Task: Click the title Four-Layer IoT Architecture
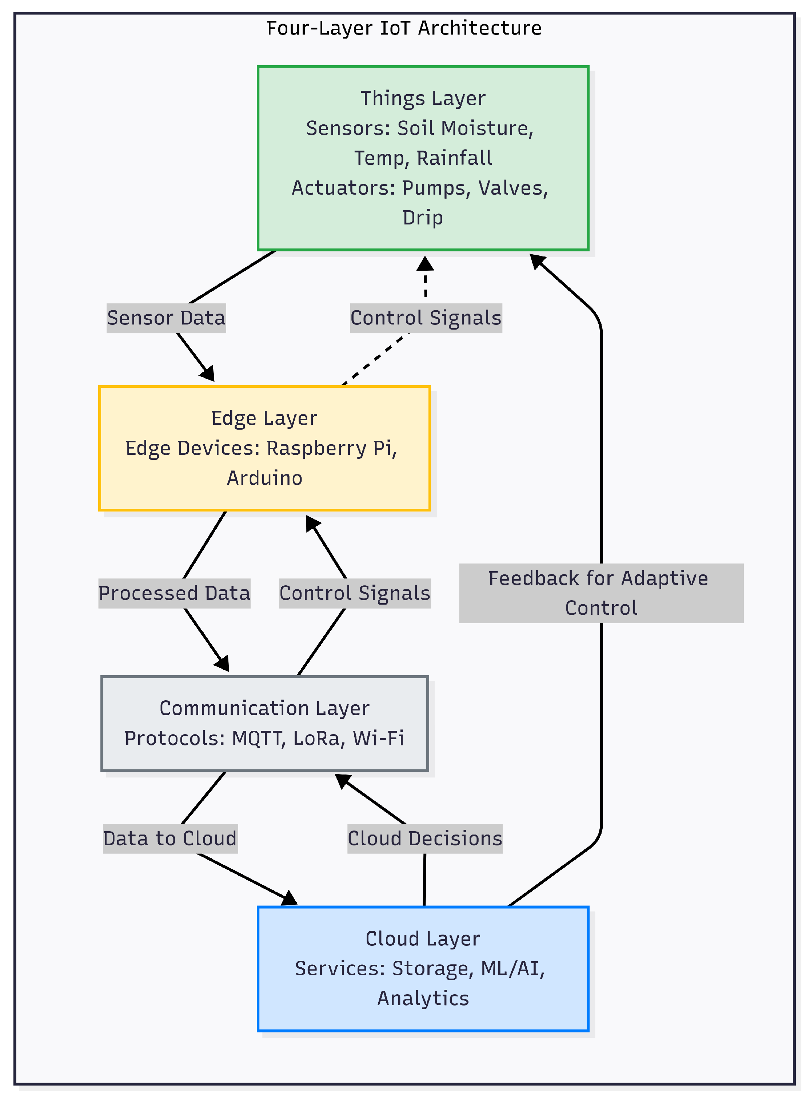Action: (404, 28)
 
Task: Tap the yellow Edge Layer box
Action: (264, 449)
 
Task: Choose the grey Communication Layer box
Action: (264, 723)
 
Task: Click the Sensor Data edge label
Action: (166, 318)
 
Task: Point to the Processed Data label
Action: (174, 594)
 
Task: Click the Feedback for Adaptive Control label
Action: (601, 593)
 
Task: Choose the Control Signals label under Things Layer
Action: (426, 318)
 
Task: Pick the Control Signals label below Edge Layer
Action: (355, 594)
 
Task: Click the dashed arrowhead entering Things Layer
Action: (425, 264)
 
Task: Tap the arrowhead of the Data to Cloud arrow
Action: (290, 899)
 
